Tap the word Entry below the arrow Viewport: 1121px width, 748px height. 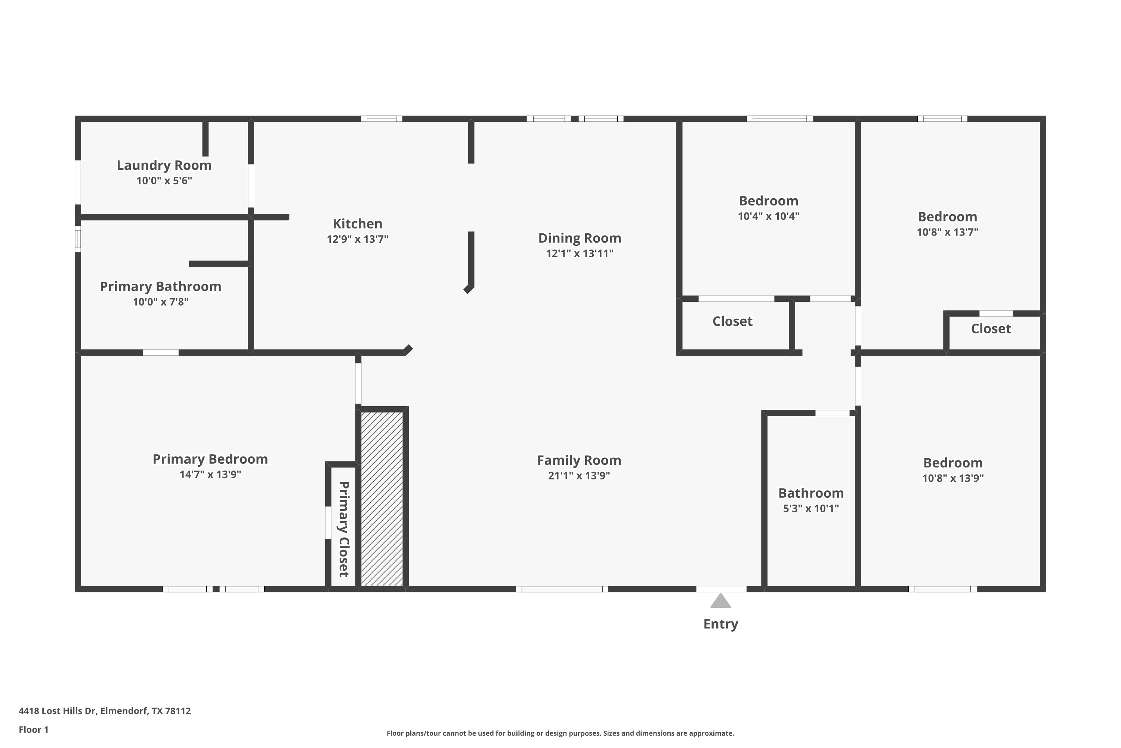click(x=721, y=624)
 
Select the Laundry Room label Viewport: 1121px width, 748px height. click(x=164, y=166)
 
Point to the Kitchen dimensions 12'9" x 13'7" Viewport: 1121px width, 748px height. click(x=358, y=239)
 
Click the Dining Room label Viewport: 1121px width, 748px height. click(x=580, y=238)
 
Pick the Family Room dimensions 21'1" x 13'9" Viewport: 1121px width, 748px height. click(x=579, y=476)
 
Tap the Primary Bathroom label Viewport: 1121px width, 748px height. click(x=161, y=287)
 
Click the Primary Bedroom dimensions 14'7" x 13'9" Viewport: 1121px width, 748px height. click(x=210, y=475)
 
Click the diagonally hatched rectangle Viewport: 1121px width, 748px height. click(x=382, y=499)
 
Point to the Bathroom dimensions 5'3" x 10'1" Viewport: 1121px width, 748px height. click(x=811, y=509)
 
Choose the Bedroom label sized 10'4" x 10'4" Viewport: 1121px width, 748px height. click(x=768, y=201)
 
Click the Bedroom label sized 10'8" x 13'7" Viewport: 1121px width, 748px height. click(x=948, y=217)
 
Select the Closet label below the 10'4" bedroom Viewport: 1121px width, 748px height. click(x=732, y=322)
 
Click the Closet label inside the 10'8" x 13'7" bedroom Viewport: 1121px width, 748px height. click(x=991, y=329)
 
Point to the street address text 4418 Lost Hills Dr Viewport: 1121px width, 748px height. click(x=57, y=711)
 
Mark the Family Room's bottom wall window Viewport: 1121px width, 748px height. click(x=562, y=589)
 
